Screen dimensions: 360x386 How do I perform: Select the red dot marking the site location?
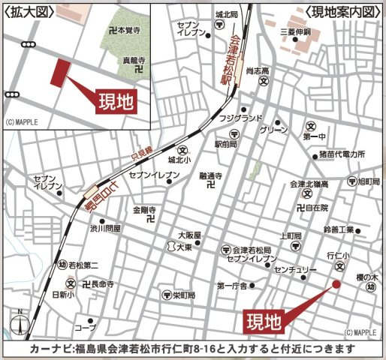336,283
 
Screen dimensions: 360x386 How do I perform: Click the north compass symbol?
20,324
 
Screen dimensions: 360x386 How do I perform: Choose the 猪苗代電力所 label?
341,154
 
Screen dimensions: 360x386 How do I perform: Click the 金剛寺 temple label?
143,208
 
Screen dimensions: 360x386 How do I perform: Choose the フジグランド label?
240,118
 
